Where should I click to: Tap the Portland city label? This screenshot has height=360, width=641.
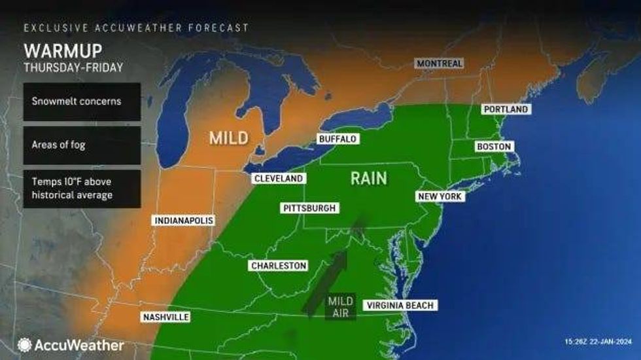[505, 109]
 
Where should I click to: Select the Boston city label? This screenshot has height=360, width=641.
[494, 147]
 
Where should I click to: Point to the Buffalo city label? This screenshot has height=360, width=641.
[338, 139]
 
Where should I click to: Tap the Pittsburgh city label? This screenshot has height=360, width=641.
[310, 208]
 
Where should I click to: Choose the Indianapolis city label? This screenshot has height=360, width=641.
[183, 221]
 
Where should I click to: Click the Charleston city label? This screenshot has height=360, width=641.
[279, 266]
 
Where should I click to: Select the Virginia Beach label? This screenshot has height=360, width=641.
[400, 305]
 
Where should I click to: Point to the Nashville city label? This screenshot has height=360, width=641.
[165, 317]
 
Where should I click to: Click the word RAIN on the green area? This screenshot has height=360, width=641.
[369, 178]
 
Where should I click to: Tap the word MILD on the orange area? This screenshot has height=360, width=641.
[228, 138]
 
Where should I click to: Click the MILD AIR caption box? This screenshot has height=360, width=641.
[340, 306]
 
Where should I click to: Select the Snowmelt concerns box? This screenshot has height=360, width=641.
[82, 101]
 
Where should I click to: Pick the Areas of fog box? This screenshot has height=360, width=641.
[82, 145]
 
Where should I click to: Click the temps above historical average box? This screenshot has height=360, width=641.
[82, 189]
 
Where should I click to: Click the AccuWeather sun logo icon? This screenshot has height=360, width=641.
[25, 345]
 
